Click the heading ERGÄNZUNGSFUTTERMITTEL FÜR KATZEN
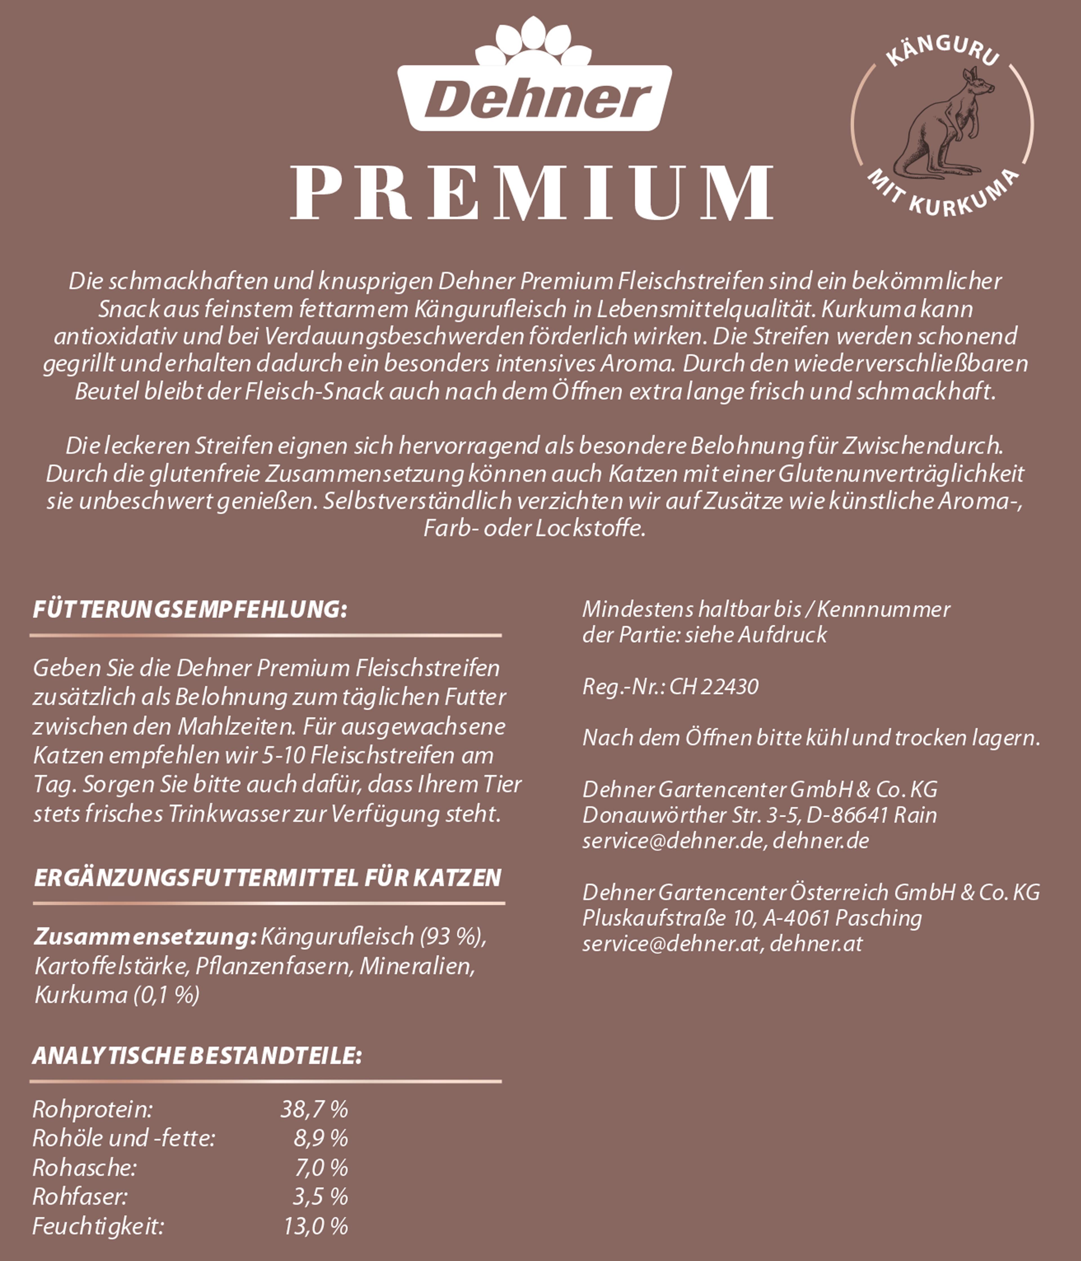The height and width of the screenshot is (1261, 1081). tap(268, 878)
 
